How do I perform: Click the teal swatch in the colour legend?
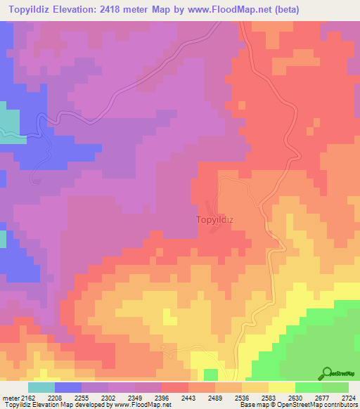(x=41, y=387)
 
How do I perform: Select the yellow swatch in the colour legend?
(x=281, y=387)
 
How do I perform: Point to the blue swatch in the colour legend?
(x=68, y=387)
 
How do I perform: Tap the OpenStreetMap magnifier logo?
(x=326, y=372)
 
